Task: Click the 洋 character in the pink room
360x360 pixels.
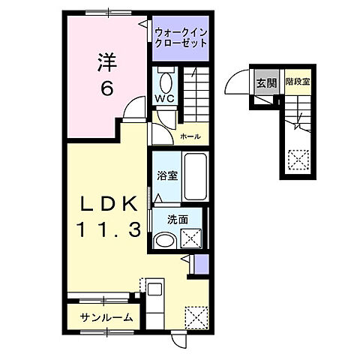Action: (106, 63)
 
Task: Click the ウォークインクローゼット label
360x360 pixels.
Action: (181, 37)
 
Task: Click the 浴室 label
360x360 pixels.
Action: (166, 176)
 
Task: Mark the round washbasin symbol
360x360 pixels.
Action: (163, 240)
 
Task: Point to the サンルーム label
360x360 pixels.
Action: (108, 317)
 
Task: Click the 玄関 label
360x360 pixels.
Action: (265, 83)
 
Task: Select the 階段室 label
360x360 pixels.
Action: (297, 83)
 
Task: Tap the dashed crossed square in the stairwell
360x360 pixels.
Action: (299, 160)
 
